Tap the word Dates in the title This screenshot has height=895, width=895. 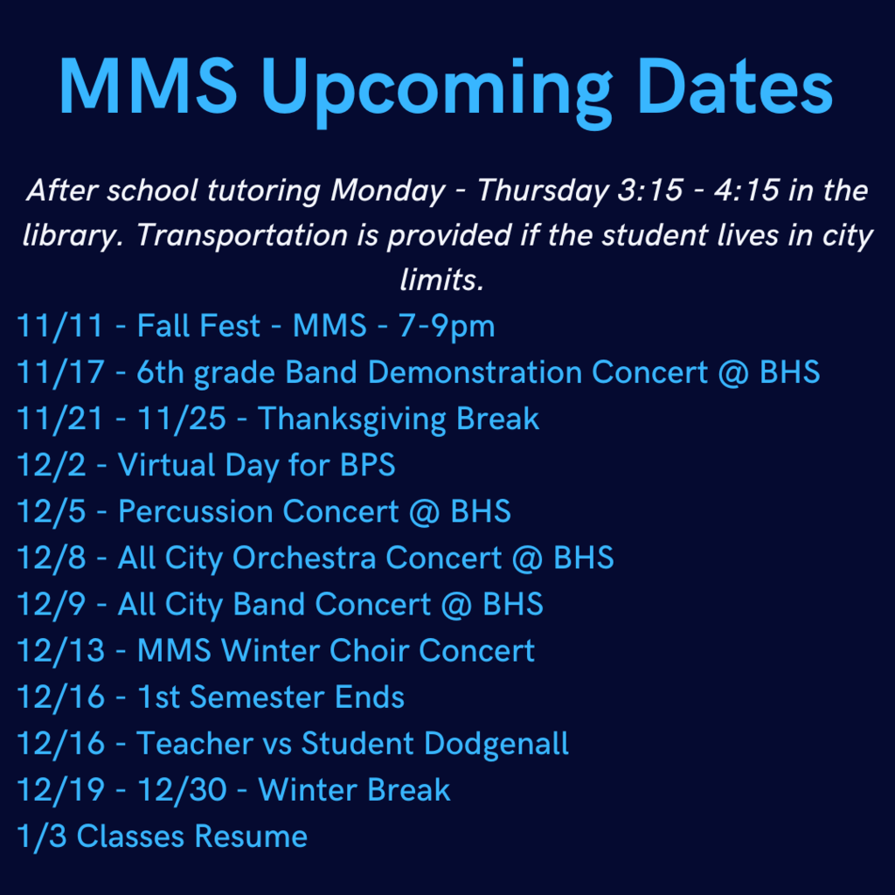pos(734,86)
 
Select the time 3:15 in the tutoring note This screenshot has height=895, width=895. pos(650,190)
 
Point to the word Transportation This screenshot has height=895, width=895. pos(242,235)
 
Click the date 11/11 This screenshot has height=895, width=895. pos(60,327)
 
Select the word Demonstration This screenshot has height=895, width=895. pos(475,372)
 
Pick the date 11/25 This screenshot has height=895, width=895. pos(182,419)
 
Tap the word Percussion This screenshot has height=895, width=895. pos(196,511)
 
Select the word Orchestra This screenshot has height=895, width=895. pos(304,558)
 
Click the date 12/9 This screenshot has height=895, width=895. pos(52,605)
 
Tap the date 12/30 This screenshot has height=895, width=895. pos(182,790)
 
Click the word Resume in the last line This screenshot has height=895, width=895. pos(251,836)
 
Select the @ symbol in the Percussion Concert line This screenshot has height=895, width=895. pos(424,512)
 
